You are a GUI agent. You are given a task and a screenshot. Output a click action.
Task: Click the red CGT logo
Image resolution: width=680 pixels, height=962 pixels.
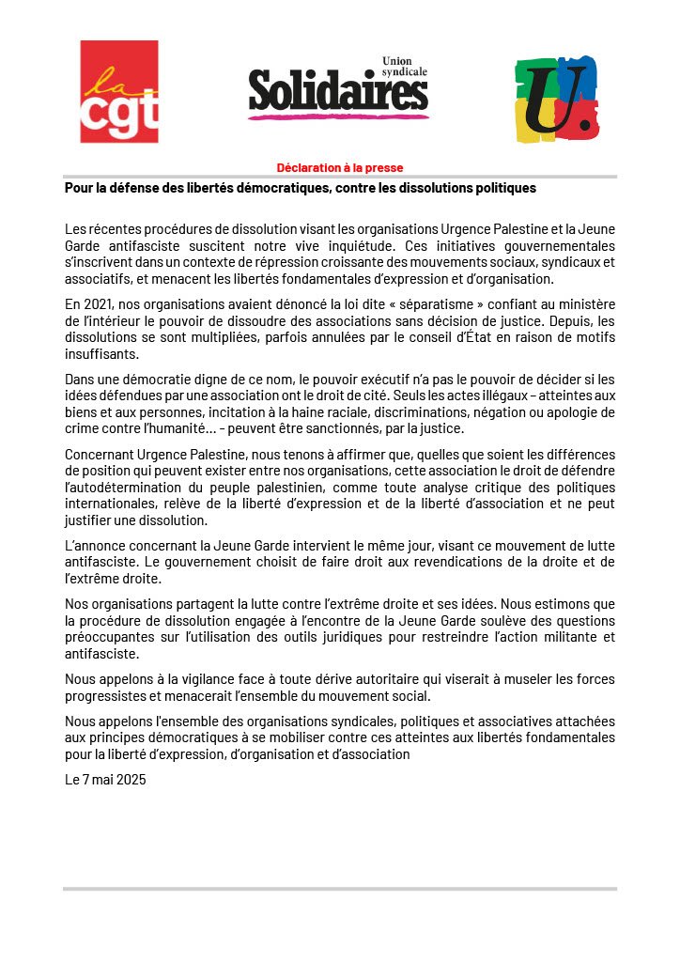(118, 91)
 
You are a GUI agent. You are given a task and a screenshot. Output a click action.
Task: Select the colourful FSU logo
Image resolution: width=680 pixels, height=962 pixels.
(556, 98)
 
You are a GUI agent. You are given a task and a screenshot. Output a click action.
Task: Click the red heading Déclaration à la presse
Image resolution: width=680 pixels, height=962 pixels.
(339, 168)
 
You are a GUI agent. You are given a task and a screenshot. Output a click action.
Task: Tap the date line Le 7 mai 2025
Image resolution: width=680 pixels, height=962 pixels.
(105, 779)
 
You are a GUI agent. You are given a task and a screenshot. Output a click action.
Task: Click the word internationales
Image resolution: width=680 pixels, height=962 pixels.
(111, 504)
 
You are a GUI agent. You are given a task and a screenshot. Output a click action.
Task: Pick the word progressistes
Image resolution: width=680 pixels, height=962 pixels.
(107, 695)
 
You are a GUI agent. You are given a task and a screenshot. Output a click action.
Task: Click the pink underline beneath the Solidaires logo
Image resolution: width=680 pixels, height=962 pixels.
(338, 116)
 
